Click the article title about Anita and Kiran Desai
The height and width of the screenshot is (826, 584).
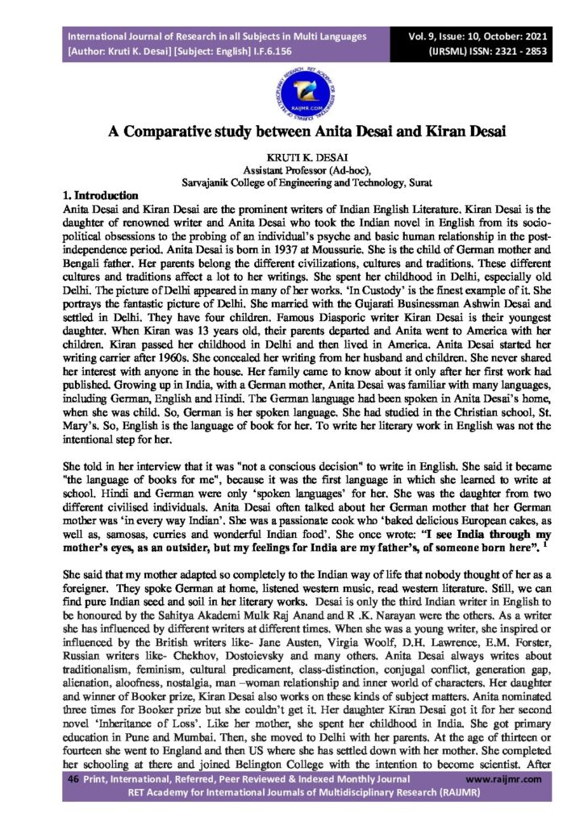[x=291, y=132]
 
